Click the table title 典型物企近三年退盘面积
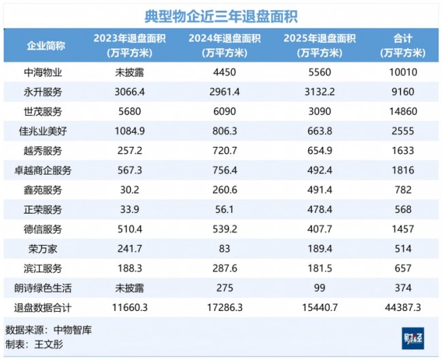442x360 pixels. pos(221,16)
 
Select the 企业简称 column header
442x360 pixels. pos(46,46)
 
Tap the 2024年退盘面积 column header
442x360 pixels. pos(224,46)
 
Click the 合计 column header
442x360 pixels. pos(403,46)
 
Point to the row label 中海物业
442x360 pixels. pos(43,73)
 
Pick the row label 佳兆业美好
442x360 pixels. pos(43,131)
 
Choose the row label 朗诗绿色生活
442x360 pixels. pos(43,288)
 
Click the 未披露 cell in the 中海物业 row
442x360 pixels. pos(129,73)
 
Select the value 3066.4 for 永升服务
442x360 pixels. pos(129,92)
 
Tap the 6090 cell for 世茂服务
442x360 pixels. pos(224,112)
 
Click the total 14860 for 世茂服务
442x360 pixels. pos(403,112)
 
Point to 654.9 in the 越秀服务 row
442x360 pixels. pos(320,150)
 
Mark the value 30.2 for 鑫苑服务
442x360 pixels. pos(129,190)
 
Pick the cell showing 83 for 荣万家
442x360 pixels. pos(224,249)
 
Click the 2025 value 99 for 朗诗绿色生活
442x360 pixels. pos(320,288)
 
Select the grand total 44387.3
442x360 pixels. pos(403,307)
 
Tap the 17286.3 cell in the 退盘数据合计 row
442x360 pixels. pos(224,307)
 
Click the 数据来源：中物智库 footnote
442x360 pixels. pos(48,330)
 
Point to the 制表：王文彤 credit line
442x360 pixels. pos(34,344)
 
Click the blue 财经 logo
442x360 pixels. pos(413,338)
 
